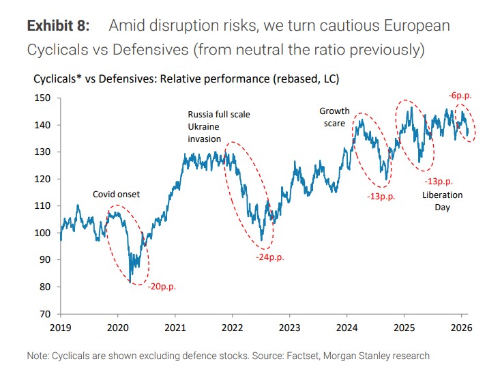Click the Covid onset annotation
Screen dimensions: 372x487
click(116, 195)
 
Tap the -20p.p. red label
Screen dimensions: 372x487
click(162, 287)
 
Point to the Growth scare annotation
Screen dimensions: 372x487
click(334, 117)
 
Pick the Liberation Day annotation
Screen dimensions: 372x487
click(442, 201)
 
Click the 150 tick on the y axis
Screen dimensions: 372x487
click(43, 98)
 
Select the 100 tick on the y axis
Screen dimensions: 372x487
click(43, 233)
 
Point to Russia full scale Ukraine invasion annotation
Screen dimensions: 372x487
click(218, 126)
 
